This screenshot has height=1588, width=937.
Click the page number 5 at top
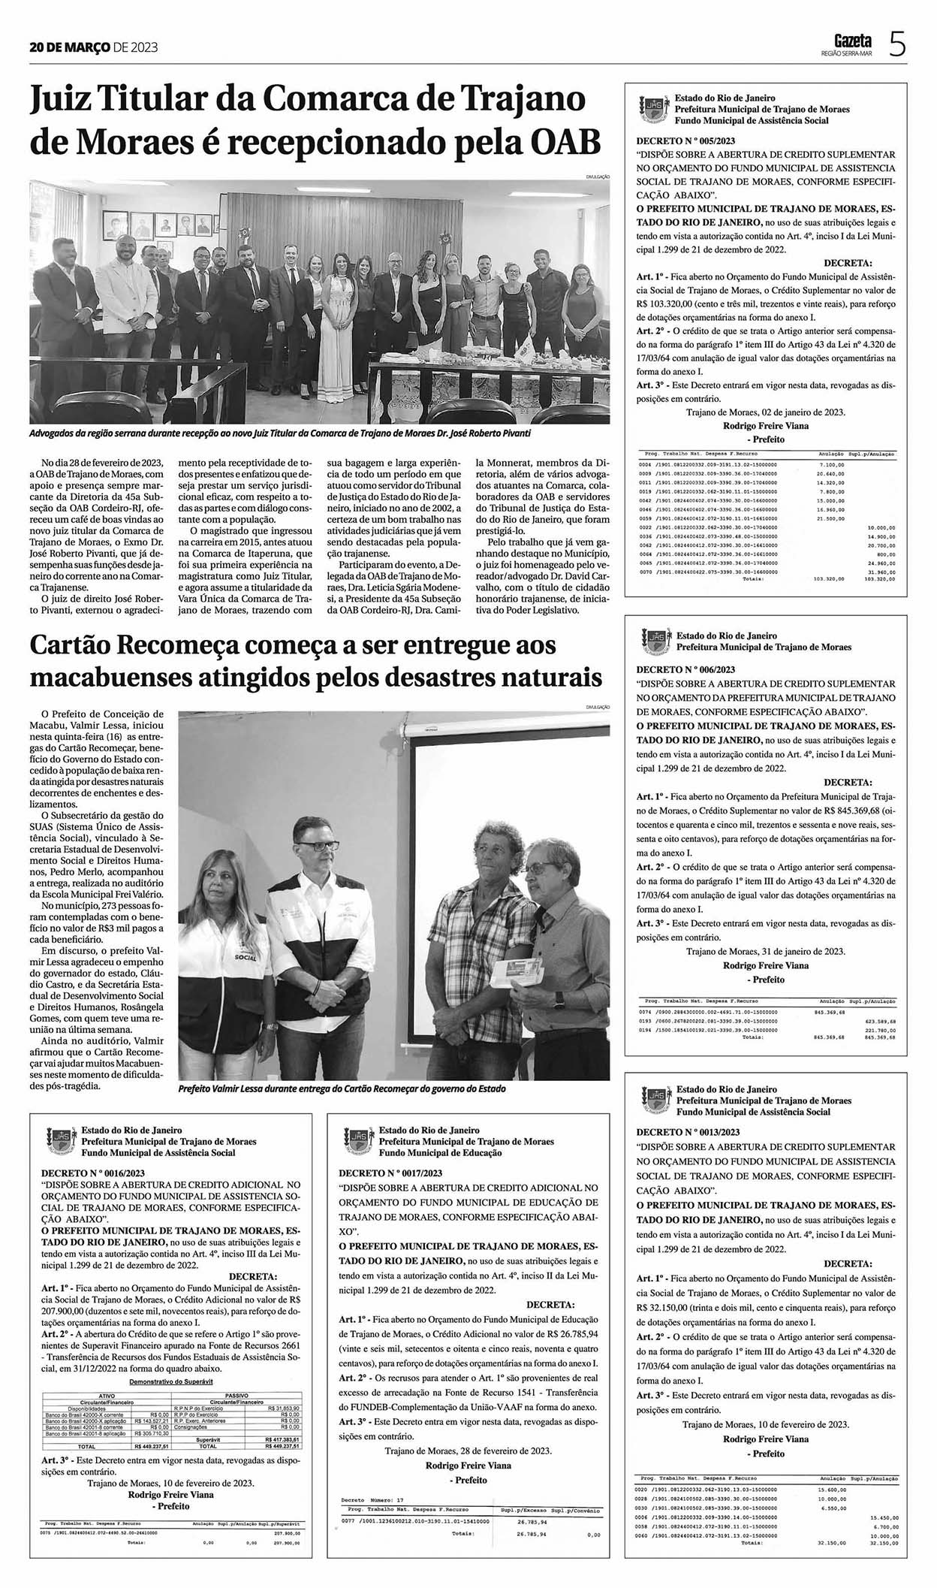click(896, 45)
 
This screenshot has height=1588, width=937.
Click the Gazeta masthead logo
click(853, 40)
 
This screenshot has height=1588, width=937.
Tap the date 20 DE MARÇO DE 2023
click(94, 47)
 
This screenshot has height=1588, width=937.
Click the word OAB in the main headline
click(567, 140)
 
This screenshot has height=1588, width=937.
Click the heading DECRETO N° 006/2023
click(685, 669)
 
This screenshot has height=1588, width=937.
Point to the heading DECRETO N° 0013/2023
click(688, 1131)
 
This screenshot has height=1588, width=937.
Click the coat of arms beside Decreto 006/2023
click(655, 639)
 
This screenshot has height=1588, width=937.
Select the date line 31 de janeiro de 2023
click(766, 952)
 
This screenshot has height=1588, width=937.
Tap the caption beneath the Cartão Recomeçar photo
click(342, 1088)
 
